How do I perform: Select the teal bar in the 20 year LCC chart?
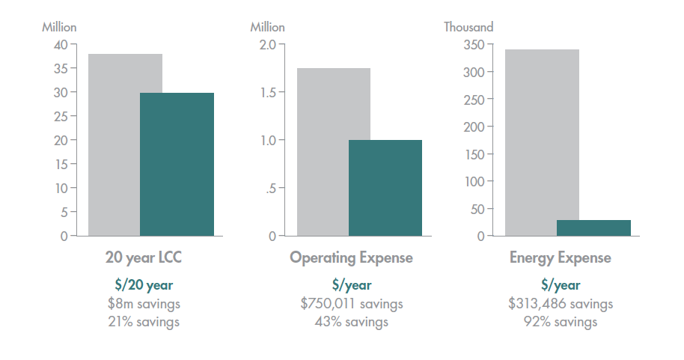click(177, 165)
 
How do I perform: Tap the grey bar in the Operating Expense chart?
click(323, 150)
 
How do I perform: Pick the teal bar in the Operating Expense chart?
click(385, 187)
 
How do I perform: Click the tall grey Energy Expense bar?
click(531, 142)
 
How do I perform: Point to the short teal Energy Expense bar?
click(593, 228)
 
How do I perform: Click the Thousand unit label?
click(468, 27)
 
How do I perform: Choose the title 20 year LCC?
click(144, 258)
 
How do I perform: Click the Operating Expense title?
click(351, 258)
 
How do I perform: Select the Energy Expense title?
click(561, 258)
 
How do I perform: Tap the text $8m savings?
click(144, 304)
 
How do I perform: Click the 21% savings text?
click(144, 322)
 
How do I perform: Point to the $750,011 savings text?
click(351, 304)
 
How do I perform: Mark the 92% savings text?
click(561, 322)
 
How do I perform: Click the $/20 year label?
click(144, 285)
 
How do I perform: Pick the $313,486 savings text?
click(561, 304)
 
